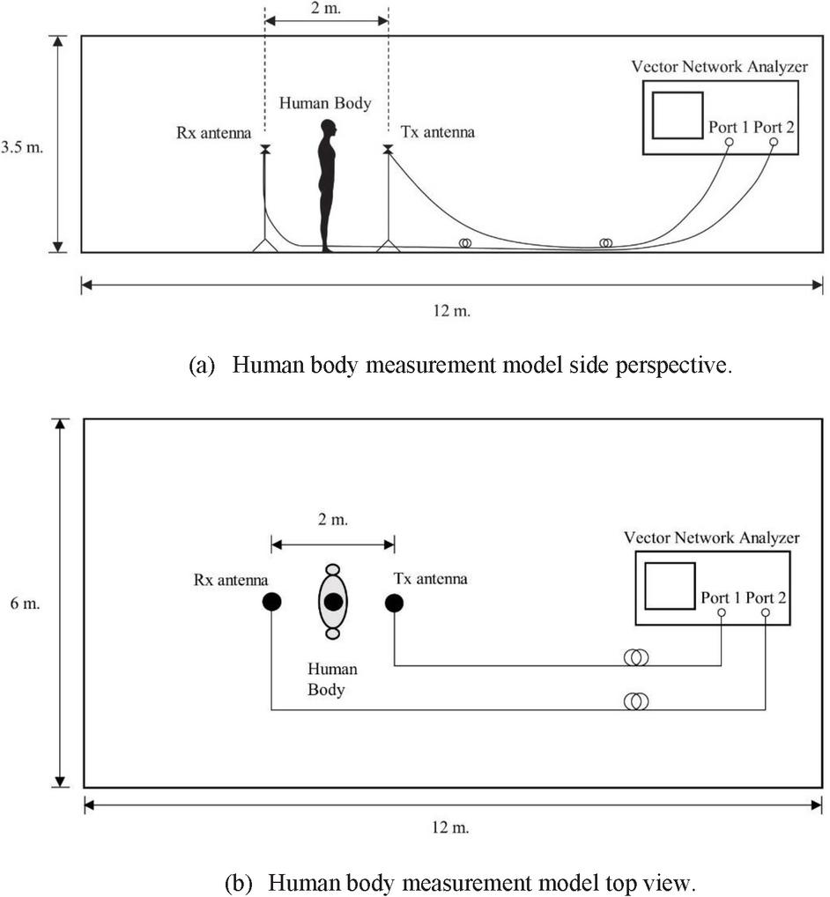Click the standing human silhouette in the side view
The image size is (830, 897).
click(x=327, y=186)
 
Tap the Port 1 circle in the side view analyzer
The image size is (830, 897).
click(x=730, y=142)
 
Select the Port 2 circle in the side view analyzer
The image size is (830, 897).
click(x=774, y=142)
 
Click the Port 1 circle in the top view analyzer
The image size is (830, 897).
click(x=722, y=612)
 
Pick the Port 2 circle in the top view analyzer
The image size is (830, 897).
click(x=765, y=612)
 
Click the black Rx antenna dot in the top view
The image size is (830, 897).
click(x=271, y=603)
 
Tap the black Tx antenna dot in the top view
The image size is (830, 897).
click(x=394, y=603)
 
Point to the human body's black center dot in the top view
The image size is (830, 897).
click(x=333, y=603)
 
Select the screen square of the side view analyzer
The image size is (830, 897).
click(x=678, y=115)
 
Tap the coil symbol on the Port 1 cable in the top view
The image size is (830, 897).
click(x=636, y=657)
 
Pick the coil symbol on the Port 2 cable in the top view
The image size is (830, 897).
click(x=636, y=701)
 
